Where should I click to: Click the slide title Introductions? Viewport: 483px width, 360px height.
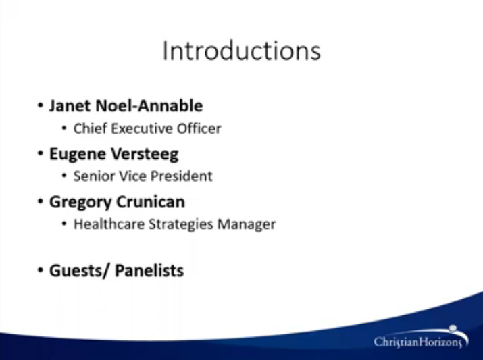pos(242,51)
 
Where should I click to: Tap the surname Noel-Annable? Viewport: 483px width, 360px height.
pos(149,106)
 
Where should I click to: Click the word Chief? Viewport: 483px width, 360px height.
pos(91,128)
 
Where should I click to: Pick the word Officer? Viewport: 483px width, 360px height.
pos(199,128)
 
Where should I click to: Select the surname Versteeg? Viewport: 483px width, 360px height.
pos(145,154)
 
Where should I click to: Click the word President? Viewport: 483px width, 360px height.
pos(182,176)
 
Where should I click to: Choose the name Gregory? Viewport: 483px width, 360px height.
pos(80,203)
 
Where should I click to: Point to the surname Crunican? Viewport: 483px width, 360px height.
pos(151,202)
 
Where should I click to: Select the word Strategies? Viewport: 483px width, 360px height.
pos(181,224)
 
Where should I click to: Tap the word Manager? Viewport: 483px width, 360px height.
pos(247,224)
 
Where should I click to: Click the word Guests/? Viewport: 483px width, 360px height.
pos(80,271)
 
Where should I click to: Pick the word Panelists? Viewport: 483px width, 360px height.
pos(149,271)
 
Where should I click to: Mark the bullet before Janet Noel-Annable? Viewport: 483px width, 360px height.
pos(40,105)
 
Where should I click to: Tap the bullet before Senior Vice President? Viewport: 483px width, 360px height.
pos(64,176)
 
